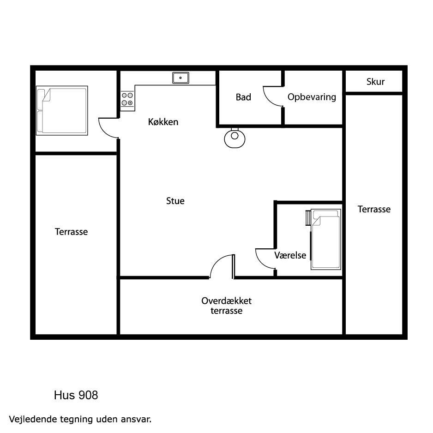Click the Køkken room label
click(163, 122)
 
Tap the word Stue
click(175, 201)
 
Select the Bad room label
click(243, 97)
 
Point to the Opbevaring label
click(312, 97)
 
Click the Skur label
click(376, 82)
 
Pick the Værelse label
click(290, 255)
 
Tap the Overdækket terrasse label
click(227, 306)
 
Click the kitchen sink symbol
click(180, 78)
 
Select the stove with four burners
click(127, 99)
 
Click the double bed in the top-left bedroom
click(62, 110)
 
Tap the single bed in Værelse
click(326, 239)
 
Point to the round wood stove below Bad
click(235, 138)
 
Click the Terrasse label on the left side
click(71, 232)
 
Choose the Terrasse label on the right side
click(374, 209)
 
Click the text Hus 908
click(76, 395)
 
